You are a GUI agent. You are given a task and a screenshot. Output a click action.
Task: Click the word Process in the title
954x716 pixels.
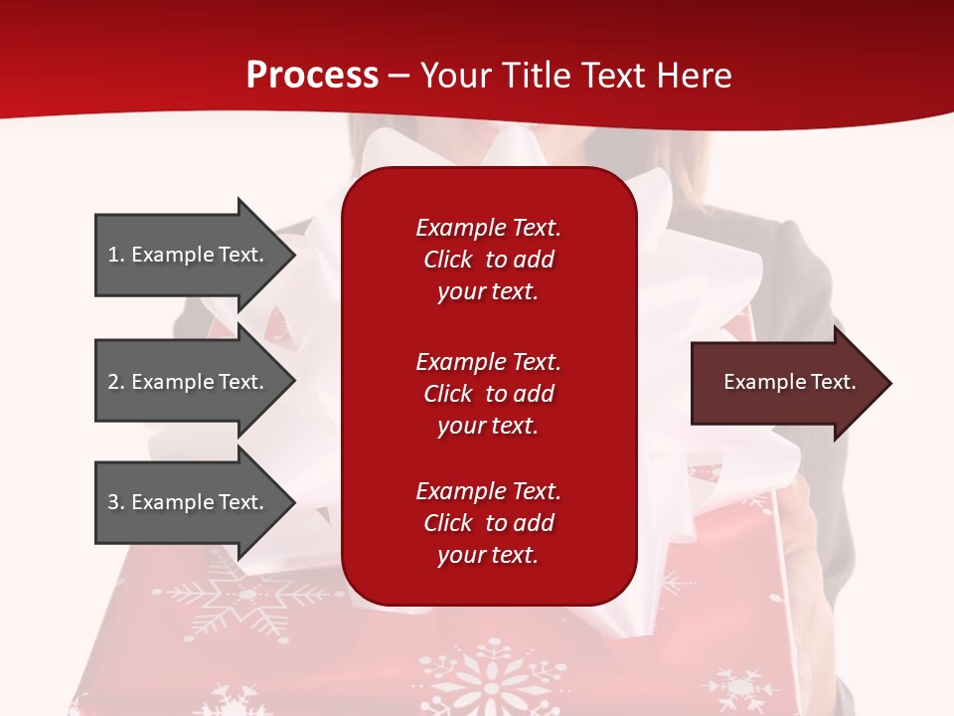pyautogui.click(x=312, y=76)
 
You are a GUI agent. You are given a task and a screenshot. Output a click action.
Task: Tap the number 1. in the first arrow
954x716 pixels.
pyautogui.click(x=115, y=255)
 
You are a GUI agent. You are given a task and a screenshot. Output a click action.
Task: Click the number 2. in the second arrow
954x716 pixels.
pyautogui.click(x=115, y=382)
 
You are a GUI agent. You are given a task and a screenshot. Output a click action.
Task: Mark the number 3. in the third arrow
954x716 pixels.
pyautogui.click(x=115, y=502)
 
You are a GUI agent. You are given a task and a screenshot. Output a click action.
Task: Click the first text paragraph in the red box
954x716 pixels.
pyautogui.click(x=488, y=260)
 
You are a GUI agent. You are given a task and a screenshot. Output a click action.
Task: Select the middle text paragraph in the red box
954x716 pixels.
pyautogui.click(x=488, y=394)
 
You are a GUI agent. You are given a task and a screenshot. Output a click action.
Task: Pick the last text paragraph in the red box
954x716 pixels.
pyautogui.click(x=488, y=523)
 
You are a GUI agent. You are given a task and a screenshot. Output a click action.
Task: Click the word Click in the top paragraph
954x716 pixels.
pyautogui.click(x=447, y=260)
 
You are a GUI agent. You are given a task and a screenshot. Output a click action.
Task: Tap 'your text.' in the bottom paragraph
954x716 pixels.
pyautogui.click(x=488, y=555)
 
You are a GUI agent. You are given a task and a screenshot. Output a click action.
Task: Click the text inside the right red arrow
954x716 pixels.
pyautogui.click(x=789, y=382)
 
